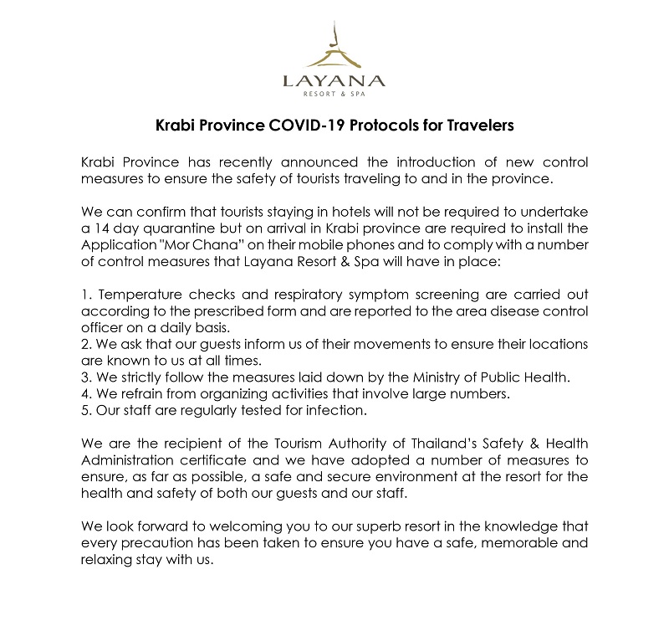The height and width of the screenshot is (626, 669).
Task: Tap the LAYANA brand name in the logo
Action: pos(334,81)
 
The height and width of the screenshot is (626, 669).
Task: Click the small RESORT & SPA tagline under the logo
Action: pos(334,96)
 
